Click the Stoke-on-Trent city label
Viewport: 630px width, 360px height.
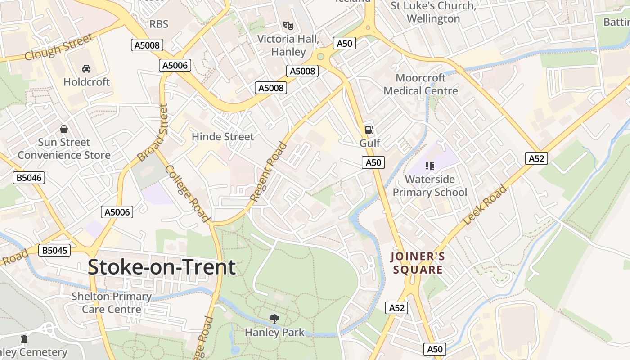point(162,267)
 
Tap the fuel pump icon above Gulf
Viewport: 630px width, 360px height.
point(369,130)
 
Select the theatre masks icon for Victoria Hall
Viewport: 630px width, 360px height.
point(288,26)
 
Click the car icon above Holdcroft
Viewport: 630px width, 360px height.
point(86,69)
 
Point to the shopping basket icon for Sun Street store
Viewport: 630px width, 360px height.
point(64,129)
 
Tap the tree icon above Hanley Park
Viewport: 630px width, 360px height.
point(274,319)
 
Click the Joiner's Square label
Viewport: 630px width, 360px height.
point(418,263)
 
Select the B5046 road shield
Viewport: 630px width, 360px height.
point(29,178)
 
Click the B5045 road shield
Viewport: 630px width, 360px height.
point(54,250)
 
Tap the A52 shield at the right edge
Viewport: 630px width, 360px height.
point(536,158)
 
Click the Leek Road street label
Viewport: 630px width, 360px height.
point(485,205)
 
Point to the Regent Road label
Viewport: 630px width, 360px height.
point(268,172)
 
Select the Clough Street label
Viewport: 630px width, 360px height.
point(58,47)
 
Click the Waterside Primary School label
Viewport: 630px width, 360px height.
point(430,186)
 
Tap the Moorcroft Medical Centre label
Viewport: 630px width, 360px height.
point(421,84)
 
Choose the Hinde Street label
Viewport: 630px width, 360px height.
point(223,136)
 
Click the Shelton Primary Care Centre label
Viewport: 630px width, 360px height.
point(112,303)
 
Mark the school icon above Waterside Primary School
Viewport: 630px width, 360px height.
point(430,166)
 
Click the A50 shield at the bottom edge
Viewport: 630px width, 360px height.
point(435,349)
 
